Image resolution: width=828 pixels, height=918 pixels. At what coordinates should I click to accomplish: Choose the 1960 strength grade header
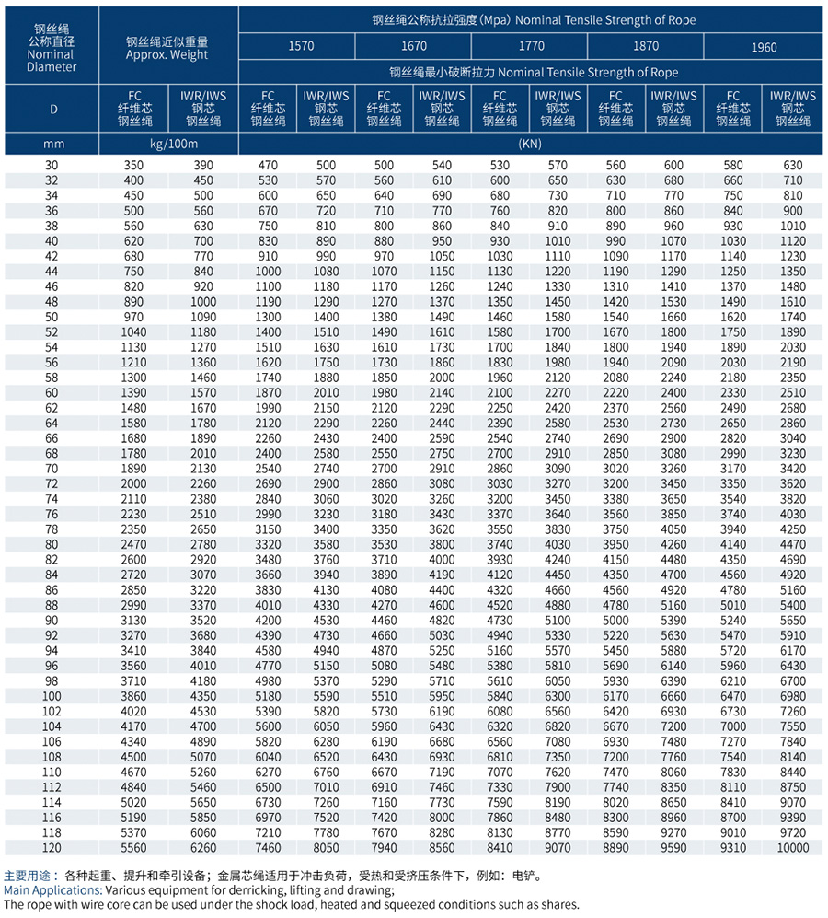pos(764,47)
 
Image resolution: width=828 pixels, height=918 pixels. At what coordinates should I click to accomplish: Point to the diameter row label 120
pos(52,847)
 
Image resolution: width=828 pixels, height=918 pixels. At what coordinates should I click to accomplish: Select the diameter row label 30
pos(52,165)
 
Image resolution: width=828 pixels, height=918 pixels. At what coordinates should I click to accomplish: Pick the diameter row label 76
pos(52,514)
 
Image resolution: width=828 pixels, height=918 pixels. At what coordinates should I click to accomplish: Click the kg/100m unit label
pos(168,144)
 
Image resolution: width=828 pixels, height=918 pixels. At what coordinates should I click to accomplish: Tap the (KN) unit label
pos(531,144)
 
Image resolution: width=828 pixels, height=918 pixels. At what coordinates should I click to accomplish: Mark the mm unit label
pos(52,144)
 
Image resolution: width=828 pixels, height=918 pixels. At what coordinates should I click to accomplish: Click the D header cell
pos(52,109)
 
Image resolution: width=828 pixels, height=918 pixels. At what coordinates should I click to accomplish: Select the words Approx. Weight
pos(167,55)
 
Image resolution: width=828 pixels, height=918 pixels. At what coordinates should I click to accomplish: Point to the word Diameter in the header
pos(52,66)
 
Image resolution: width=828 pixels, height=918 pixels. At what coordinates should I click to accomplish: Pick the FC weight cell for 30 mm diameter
pos(134,165)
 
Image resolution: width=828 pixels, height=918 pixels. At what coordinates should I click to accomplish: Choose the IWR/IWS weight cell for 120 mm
pos(203,847)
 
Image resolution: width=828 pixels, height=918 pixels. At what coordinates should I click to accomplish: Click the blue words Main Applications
pos(52,890)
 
